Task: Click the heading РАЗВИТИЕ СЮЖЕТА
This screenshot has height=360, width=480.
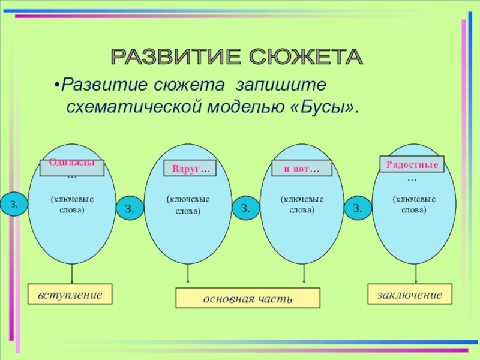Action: point(237,58)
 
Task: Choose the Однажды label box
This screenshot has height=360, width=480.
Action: point(72,167)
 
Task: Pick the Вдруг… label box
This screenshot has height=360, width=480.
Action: point(190,170)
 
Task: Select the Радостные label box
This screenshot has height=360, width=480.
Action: point(412,164)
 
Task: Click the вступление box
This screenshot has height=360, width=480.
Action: point(70,295)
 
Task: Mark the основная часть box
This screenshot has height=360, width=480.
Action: point(247,298)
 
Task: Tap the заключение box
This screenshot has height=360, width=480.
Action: point(410,295)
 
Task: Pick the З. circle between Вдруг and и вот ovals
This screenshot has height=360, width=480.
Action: point(245,208)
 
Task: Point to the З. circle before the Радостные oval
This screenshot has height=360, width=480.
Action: point(358,208)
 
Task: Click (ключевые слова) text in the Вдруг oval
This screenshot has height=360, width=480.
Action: point(188,205)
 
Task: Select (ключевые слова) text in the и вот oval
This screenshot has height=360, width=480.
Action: point(302,205)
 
